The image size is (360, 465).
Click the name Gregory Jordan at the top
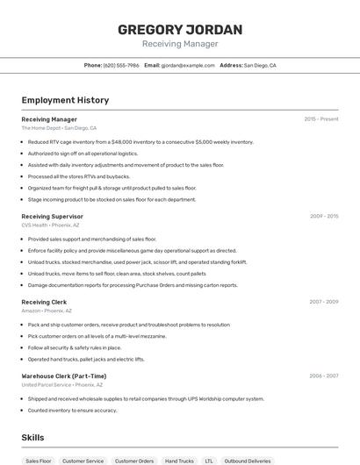pos(180,30)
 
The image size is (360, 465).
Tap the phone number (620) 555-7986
pos(121,65)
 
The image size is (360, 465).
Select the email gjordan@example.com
pos(188,65)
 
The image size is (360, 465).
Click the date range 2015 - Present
pos(321,118)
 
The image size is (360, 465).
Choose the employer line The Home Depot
pos(59,127)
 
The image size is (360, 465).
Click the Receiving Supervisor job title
pos(52,216)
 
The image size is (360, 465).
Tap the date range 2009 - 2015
pos(324,216)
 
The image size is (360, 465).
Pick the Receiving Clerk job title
pos(44,302)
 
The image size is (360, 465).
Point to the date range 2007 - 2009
pos(324,302)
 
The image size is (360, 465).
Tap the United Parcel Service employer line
pos(62,384)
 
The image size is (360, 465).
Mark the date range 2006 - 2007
pos(324,376)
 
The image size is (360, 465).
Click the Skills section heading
pos(32,438)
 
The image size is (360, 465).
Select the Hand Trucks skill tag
pos(179,461)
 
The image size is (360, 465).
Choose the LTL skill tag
pos(209,461)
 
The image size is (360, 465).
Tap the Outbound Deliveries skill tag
pos(248,461)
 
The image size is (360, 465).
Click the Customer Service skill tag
pos(83,461)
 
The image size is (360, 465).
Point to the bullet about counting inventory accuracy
pos(72,410)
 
